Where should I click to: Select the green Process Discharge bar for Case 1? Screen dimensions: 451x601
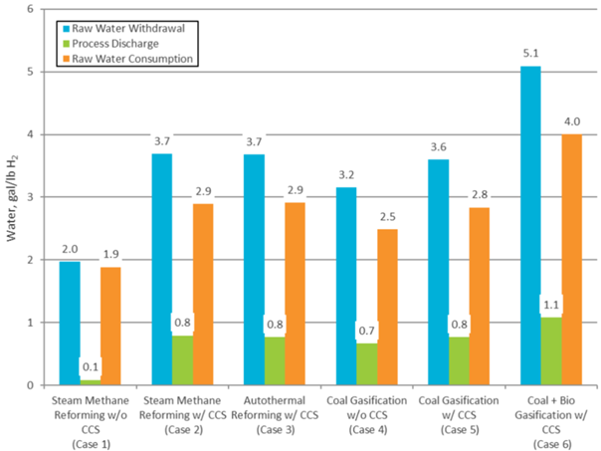pos(91,381)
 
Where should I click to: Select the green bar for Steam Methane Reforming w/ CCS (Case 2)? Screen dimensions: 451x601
pos(181,359)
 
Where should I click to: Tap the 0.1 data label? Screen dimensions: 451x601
pos(91,368)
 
